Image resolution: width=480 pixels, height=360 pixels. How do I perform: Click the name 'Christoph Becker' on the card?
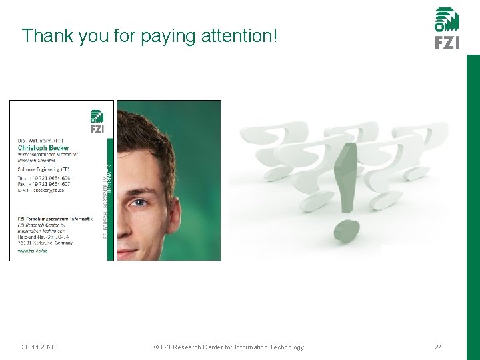pyautogui.click(x=43, y=147)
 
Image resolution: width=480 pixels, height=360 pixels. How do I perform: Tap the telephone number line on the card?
pyautogui.click(x=43, y=177)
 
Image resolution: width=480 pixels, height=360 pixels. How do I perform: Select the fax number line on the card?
pyautogui.click(x=43, y=184)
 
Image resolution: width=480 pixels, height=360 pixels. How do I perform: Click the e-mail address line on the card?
pyautogui.click(x=41, y=191)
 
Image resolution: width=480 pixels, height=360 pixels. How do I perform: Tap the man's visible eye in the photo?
pyautogui.click(x=139, y=203)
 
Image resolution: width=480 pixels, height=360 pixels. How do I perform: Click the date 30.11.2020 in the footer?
pyautogui.click(x=39, y=347)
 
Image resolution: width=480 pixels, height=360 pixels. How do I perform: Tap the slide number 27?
pyautogui.click(x=438, y=347)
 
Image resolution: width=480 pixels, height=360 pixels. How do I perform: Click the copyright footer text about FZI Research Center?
pyautogui.click(x=229, y=347)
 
